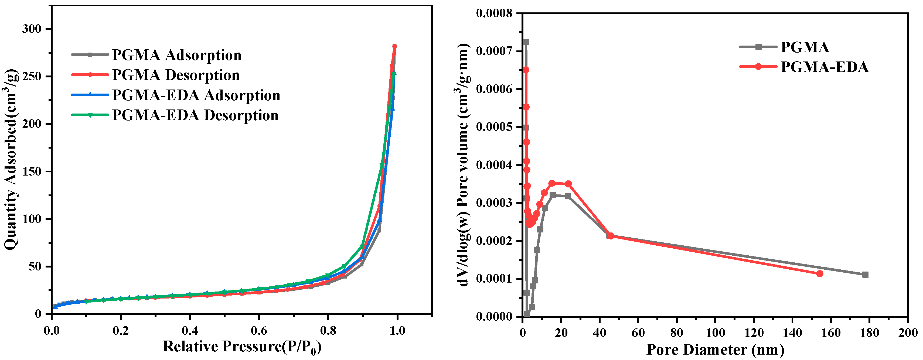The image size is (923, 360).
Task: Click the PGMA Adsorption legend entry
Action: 177,55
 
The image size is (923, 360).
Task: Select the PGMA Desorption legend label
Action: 176,75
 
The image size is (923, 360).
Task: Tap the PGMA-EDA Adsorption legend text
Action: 196,95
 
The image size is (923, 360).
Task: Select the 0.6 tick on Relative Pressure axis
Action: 259,331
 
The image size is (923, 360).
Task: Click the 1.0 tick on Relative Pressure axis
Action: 397,331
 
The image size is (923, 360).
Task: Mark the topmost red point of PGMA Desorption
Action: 394,46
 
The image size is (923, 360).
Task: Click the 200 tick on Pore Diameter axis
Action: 908,333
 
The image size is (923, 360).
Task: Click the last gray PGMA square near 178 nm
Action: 865,275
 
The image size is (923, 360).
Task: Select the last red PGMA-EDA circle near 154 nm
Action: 819,274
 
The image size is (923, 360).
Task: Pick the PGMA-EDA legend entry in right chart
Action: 824,67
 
